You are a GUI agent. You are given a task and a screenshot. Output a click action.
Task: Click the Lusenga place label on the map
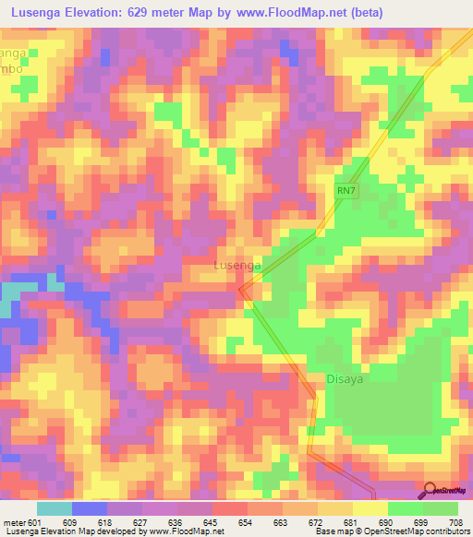237,265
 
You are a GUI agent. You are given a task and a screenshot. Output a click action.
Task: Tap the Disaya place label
348,377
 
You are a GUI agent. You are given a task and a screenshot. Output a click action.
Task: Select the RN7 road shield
346,191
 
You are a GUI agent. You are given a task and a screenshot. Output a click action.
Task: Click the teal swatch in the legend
55,508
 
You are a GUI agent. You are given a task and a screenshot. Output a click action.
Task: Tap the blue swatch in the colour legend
90,508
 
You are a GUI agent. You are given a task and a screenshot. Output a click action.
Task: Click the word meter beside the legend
12,521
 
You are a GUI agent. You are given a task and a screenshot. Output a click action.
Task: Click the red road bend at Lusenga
244,292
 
